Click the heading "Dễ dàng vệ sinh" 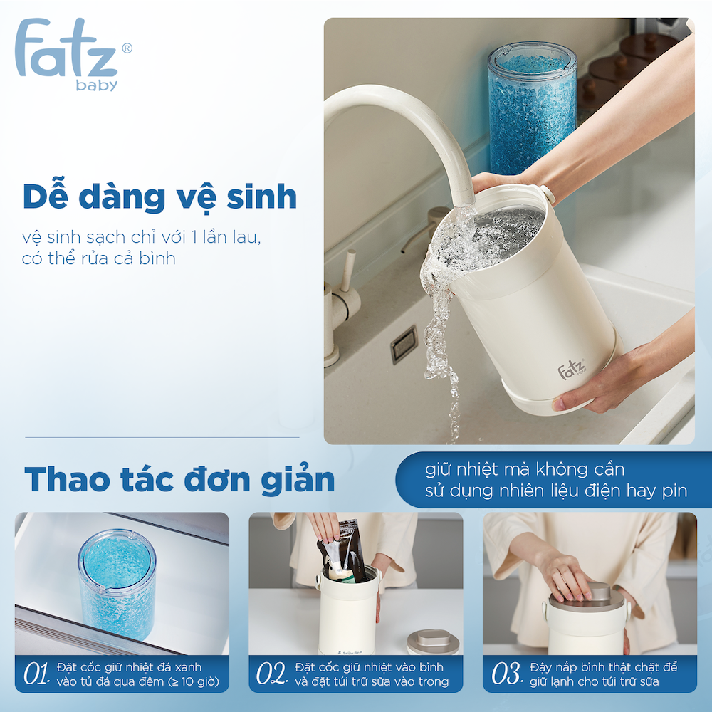(x=159, y=197)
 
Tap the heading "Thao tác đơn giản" (x=179, y=479)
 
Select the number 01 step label (x=36, y=674)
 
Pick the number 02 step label (x=271, y=674)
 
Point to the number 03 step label (x=507, y=674)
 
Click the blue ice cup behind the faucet (x=532, y=108)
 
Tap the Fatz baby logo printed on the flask (x=572, y=368)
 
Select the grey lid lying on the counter (x=433, y=642)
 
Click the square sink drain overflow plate (x=404, y=344)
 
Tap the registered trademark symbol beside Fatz (x=127, y=48)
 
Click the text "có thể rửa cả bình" (x=98, y=258)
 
